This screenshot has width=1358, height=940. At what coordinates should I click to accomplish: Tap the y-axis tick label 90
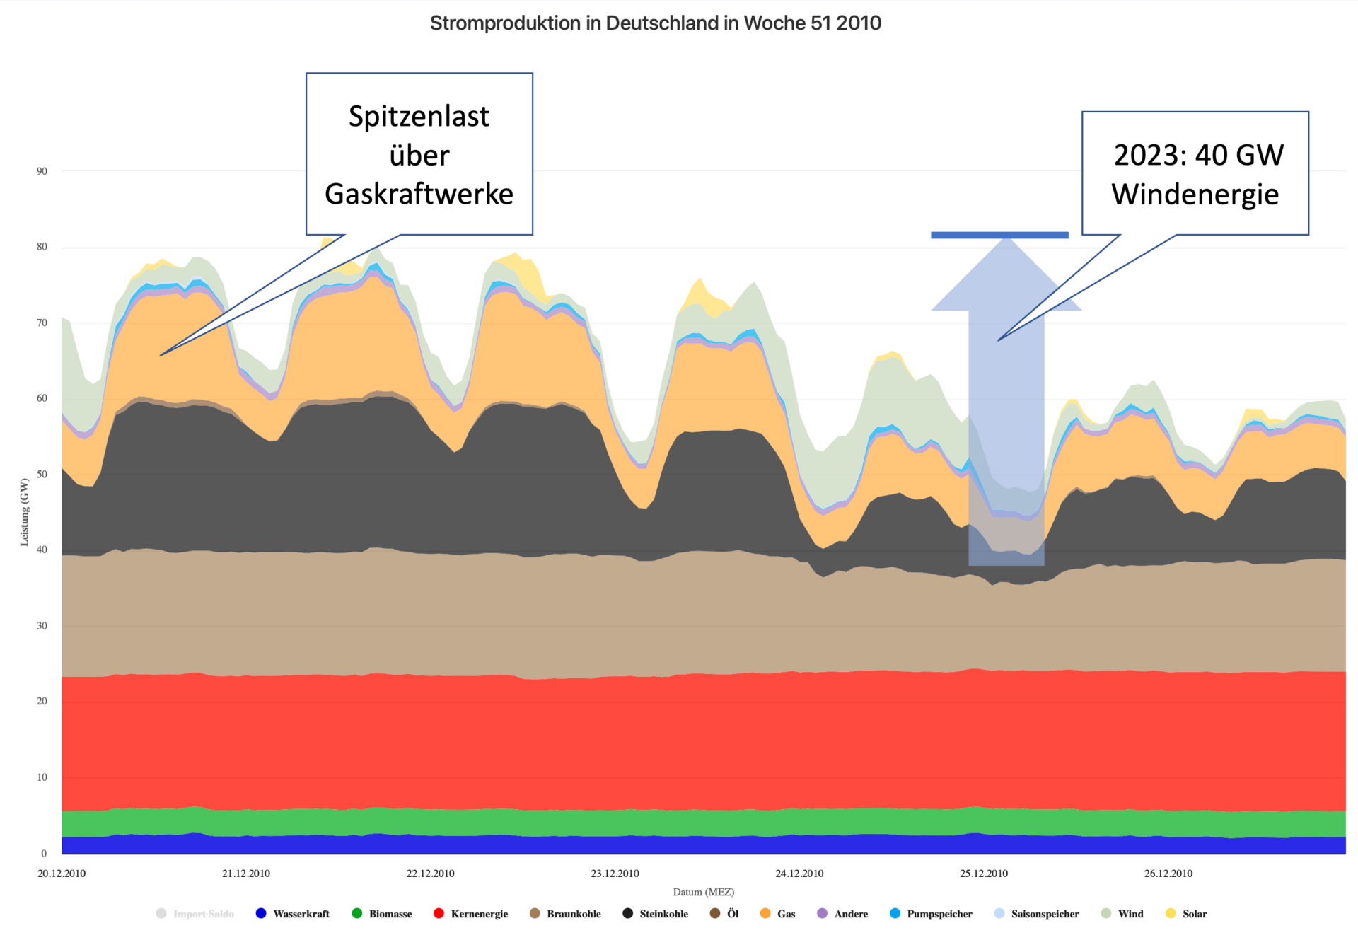42,171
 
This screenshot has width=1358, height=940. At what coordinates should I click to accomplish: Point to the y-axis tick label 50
42,474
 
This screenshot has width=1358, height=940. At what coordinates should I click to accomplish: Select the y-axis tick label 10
42,777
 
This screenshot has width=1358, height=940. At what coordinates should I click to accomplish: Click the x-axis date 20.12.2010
62,874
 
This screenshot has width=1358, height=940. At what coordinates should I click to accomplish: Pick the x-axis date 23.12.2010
615,874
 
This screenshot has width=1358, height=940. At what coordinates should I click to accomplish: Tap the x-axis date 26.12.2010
1168,874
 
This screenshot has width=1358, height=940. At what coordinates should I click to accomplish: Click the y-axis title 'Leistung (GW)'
25,512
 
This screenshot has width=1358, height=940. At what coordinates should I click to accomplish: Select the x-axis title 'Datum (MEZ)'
703,893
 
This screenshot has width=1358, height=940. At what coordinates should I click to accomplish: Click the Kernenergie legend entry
479,914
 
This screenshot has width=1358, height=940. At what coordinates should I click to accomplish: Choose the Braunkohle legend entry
573,914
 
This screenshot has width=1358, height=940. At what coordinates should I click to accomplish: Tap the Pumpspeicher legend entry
939,914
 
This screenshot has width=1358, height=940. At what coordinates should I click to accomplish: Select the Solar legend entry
1194,914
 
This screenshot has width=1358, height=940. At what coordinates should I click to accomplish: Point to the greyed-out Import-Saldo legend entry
203,914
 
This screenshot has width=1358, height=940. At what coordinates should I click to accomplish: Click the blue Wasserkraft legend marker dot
261,913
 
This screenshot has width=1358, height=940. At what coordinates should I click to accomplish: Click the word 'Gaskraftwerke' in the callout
419,194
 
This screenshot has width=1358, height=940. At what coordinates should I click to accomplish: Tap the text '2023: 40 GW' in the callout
1198,155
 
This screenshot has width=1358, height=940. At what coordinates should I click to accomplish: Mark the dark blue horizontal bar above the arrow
999,235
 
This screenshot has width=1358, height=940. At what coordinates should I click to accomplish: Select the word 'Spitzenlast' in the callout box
419,117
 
